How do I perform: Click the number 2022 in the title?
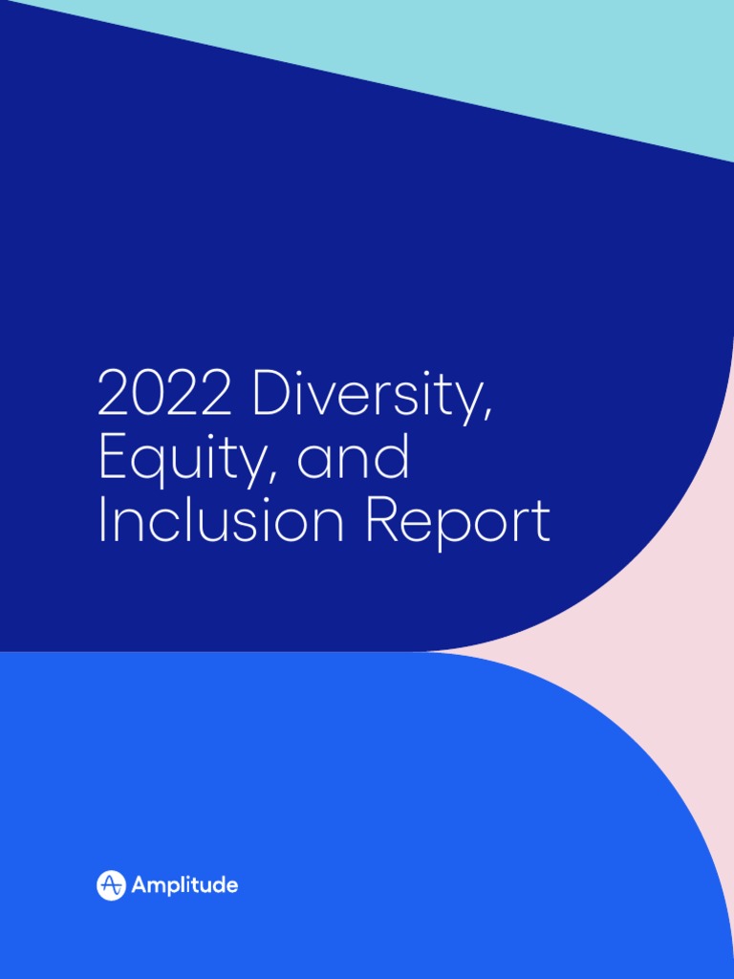pos(164,394)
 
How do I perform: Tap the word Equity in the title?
pos(187,459)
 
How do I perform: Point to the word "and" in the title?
pos(353,458)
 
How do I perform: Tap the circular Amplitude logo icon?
pos(111,885)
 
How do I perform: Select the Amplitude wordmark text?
pos(184,885)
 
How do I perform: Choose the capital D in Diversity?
pos(270,394)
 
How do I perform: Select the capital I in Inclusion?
pos(101,521)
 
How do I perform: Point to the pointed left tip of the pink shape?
pos(430,651)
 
